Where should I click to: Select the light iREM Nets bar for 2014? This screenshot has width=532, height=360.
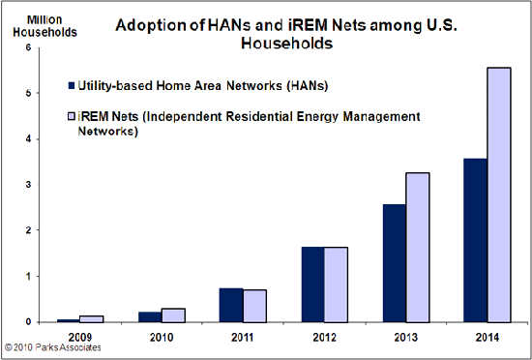(x=499, y=194)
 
